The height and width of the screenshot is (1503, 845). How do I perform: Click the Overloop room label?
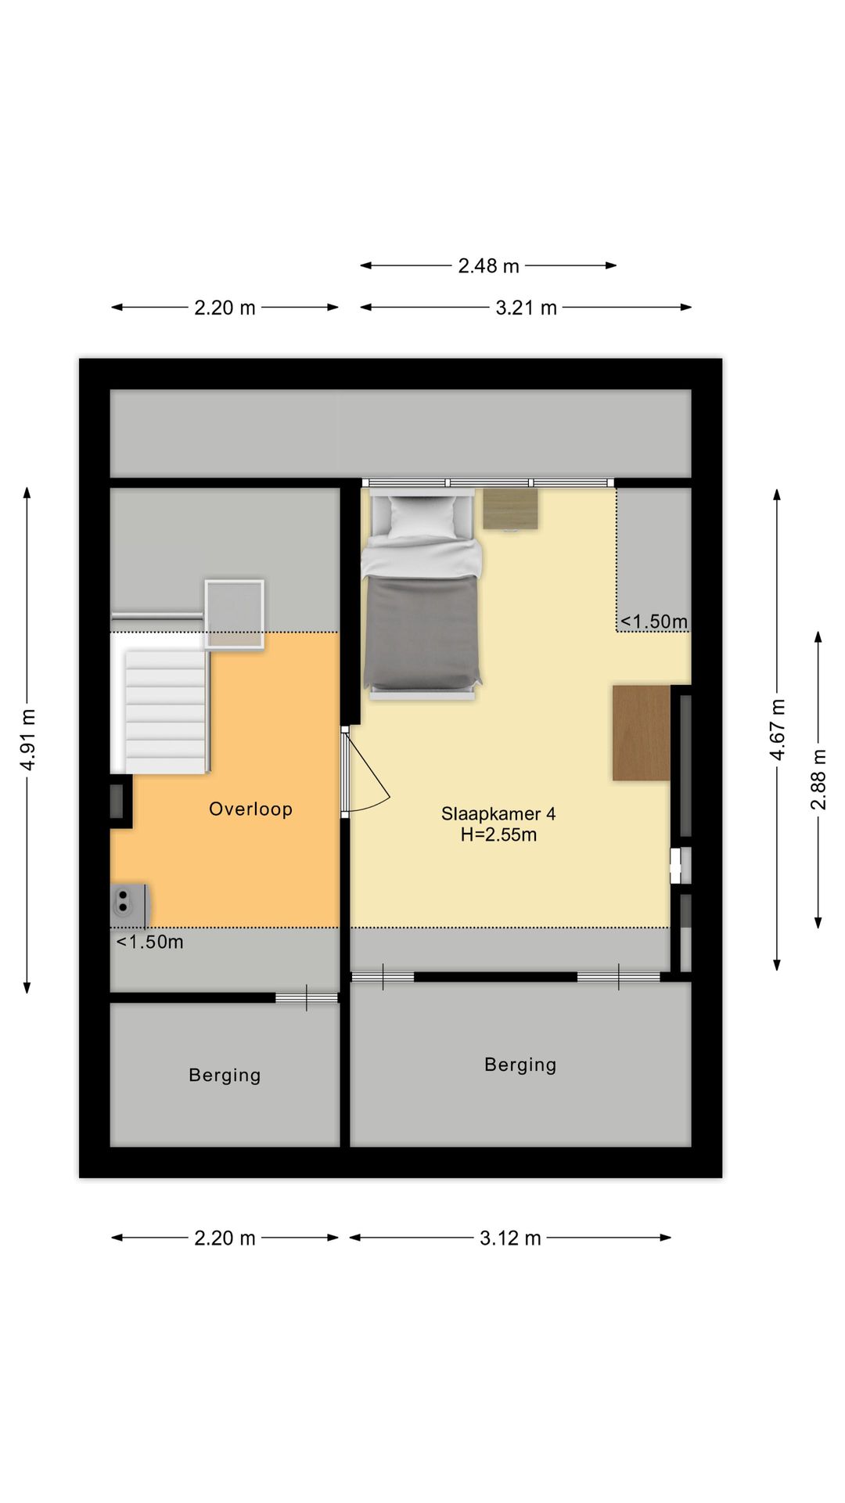coord(250,809)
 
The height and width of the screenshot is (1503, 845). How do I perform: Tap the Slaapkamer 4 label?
coord(498,813)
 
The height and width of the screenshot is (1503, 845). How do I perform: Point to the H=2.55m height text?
coord(498,834)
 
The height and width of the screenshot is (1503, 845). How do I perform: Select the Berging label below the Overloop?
coord(225,1076)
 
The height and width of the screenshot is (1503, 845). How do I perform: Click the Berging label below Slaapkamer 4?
coord(520,1065)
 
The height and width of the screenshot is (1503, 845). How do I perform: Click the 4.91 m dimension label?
coord(28,740)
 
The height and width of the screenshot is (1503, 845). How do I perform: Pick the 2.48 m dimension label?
coord(489,266)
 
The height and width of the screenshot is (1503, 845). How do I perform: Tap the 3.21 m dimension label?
coord(526,308)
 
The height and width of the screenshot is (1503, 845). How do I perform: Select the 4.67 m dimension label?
coord(778,730)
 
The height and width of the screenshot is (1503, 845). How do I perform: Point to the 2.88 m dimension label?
coord(818,780)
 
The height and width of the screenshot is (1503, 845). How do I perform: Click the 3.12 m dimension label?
coord(510,1238)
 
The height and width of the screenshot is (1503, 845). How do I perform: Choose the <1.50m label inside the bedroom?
coord(654,622)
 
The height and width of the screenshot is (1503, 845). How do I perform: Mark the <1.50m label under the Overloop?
coord(149,942)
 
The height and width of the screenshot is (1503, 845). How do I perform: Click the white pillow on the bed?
coord(422,516)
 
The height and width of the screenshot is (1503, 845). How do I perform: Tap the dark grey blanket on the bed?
coord(422,630)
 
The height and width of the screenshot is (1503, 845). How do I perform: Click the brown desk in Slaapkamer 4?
coord(642,733)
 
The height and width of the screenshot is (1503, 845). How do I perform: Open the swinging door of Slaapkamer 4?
coord(365,770)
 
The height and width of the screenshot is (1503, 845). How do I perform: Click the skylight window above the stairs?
coord(235,615)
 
